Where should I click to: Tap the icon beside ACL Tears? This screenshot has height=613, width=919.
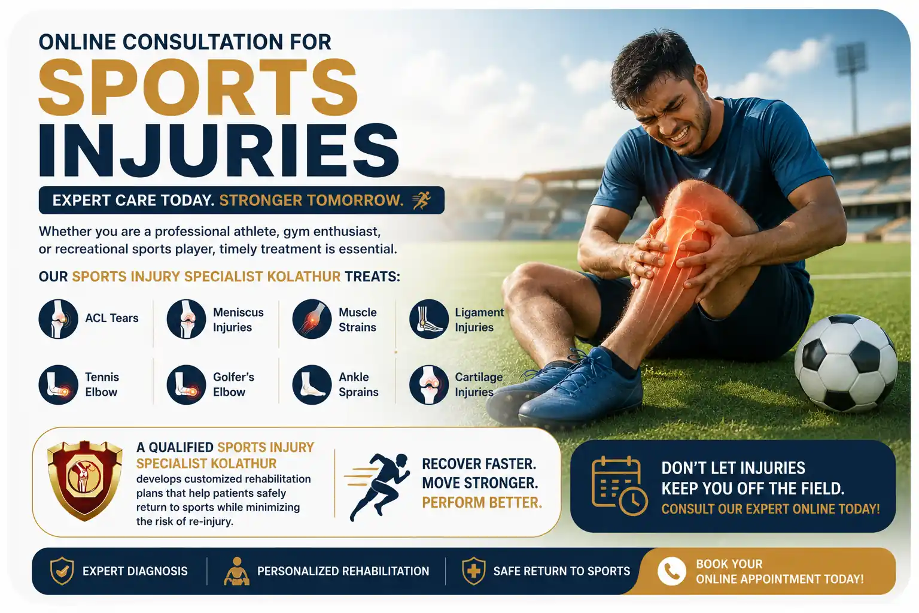point(58,319)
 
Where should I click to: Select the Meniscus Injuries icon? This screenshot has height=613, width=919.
point(186,319)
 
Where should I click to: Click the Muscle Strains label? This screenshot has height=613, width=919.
point(357,320)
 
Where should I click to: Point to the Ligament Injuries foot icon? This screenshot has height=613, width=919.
point(429,319)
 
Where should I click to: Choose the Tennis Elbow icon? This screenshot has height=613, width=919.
point(58,385)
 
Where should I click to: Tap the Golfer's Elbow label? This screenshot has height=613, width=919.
point(233,384)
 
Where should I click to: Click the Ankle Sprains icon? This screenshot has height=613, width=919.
point(312,385)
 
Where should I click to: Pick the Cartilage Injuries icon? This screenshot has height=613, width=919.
point(429,385)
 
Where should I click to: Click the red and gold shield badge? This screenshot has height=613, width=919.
point(85,480)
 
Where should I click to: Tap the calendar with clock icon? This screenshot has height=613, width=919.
point(619,485)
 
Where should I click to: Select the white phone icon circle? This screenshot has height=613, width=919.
point(672,571)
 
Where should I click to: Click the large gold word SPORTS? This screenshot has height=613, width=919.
point(198,87)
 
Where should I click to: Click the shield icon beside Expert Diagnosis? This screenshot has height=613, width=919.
point(62,570)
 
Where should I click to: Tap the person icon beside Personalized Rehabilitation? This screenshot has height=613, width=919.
point(237,571)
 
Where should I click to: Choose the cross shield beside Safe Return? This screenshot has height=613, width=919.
point(474,570)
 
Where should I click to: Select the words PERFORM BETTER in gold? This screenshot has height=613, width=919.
point(482,503)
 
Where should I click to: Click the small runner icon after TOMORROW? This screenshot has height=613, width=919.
point(422,201)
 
